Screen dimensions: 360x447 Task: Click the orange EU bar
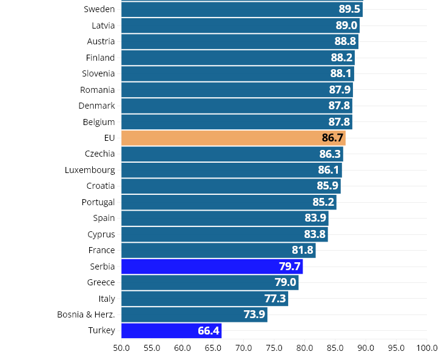pos(233,138)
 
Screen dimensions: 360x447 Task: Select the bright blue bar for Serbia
pos(212,267)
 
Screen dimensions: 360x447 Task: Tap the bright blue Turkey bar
pos(171,331)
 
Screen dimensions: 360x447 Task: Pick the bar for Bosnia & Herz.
pos(194,314)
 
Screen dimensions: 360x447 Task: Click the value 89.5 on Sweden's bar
pos(349,9)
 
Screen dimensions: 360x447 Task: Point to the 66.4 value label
pos(209,331)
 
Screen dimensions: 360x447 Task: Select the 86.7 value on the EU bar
pos(332,138)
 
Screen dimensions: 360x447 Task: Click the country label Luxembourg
pos(90,170)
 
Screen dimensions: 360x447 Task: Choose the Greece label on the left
pos(101,282)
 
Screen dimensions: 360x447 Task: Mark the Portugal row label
pos(98,202)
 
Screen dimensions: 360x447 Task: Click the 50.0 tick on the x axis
pos(121,348)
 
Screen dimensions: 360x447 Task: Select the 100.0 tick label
pos(427,348)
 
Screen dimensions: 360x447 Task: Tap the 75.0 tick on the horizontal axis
pos(274,348)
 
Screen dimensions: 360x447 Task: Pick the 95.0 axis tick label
pos(396,348)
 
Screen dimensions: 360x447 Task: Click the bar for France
pos(218,250)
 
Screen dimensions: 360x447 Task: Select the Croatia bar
pos(230,186)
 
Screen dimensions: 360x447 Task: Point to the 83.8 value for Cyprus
pos(315,234)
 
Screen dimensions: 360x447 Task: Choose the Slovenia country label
pos(98,73)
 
